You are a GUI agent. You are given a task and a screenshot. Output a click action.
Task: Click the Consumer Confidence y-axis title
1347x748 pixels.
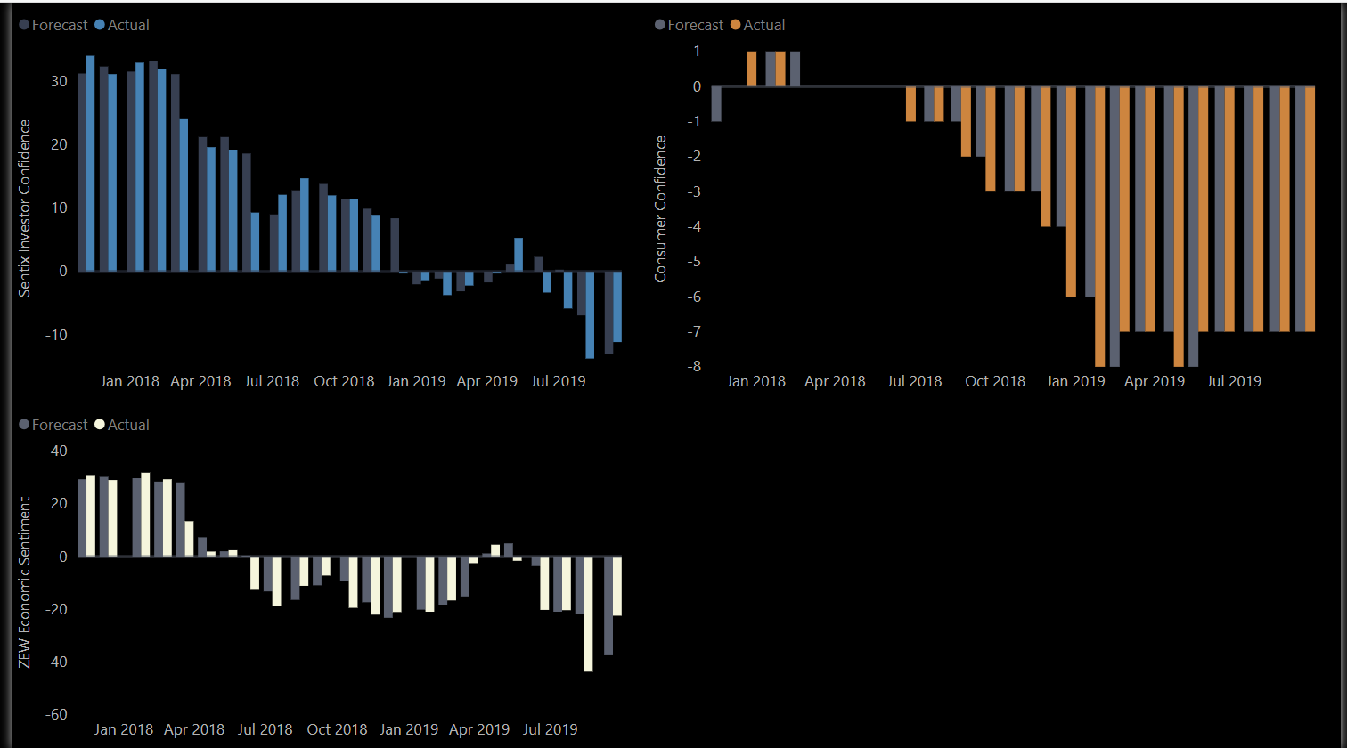click(x=660, y=209)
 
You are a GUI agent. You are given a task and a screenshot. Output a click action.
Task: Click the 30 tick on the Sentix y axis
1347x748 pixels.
click(x=60, y=81)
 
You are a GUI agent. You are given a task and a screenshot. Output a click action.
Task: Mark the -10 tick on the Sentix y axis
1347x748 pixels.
click(x=57, y=335)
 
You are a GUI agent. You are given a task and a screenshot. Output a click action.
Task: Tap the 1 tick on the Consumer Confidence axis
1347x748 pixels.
click(x=697, y=52)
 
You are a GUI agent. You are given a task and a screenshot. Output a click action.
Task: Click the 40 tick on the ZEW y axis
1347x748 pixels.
click(x=60, y=451)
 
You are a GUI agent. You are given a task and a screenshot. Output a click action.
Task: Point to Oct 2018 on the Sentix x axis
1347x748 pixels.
click(x=344, y=381)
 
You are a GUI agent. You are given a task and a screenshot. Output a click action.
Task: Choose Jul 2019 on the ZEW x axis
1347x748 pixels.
click(x=550, y=729)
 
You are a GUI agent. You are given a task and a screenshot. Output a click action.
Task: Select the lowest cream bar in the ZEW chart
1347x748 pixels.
click(x=588, y=614)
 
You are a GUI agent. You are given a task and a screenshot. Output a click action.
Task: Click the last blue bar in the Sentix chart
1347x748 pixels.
click(x=617, y=307)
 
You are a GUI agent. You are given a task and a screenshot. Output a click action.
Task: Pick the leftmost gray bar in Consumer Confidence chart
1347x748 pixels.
click(x=716, y=104)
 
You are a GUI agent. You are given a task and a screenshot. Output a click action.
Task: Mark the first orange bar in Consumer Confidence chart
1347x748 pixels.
click(x=751, y=69)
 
